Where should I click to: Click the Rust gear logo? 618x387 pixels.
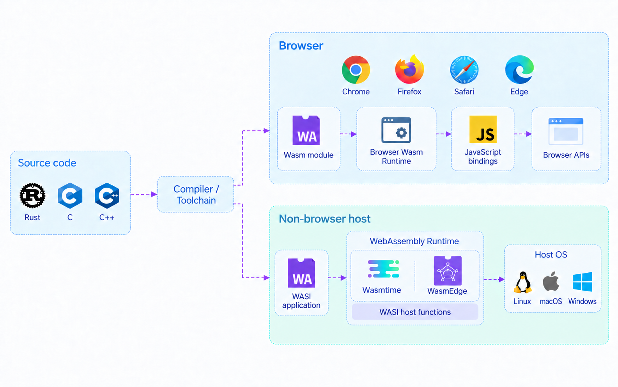pos(32,195)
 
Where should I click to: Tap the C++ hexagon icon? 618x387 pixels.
pos(107,195)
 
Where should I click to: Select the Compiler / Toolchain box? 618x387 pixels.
pos(196,194)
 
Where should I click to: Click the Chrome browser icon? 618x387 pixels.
pos(356,69)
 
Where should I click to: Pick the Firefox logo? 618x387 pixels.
pos(409,69)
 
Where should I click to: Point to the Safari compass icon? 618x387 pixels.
pos(464,69)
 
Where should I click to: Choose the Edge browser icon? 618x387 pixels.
pos(519,69)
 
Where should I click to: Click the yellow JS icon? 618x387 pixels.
pos(483,130)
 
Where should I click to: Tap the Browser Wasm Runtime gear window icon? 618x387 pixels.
pos(396,130)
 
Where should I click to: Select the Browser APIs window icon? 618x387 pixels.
pos(566,131)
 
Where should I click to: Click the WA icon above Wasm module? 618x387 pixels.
pos(306,130)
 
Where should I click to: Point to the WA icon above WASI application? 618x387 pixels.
pos(301,273)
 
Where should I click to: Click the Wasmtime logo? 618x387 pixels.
pos(384,269)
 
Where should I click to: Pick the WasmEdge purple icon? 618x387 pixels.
pos(448,270)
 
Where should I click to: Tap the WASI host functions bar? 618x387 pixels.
pos(415,312)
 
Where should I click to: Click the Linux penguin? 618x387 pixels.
pos(522,282)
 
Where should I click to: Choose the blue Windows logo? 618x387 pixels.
pos(583,282)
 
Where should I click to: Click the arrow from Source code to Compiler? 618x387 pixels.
pos(144,194)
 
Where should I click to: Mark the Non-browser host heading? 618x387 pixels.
pos(324,218)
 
